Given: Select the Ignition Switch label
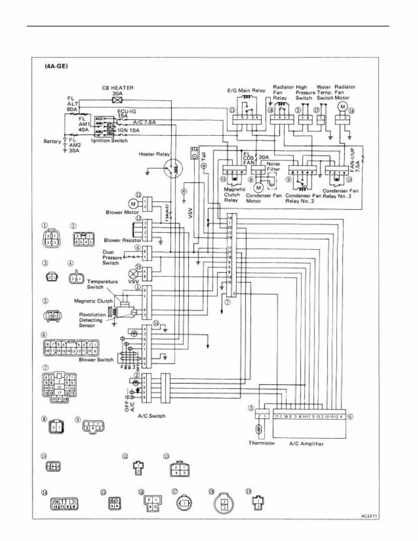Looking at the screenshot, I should pyautogui.click(x=110, y=140).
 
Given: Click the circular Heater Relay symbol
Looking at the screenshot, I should pyautogui.click(x=172, y=169).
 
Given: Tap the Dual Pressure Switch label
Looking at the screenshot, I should pyautogui.click(x=111, y=258).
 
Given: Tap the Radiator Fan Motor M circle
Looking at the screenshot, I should pyautogui.click(x=343, y=106).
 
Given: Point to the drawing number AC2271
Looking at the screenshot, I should pyautogui.click(x=370, y=515).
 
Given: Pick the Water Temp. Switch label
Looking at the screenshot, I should pyautogui.click(x=325, y=92).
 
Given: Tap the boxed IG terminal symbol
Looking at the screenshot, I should pyautogui.click(x=194, y=152).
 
